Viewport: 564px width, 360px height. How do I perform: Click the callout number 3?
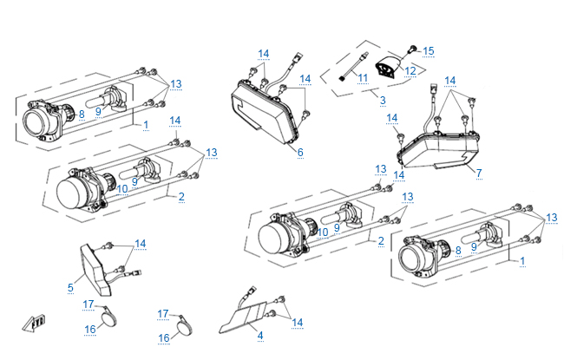click(383, 101)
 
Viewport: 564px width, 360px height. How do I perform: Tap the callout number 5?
click(70, 285)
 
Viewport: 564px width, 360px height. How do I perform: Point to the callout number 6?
click(299, 152)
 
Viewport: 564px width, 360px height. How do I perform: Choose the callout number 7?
click(478, 173)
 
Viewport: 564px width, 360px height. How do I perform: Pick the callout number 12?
click(410, 70)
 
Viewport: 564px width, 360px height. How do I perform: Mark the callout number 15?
click(428, 50)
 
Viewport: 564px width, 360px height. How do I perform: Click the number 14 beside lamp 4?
click(298, 322)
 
